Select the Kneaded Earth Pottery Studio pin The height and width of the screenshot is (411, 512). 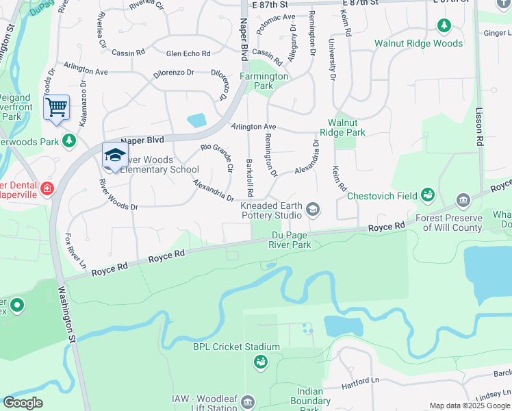click(x=313, y=208)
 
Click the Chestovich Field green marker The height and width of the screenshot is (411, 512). click(x=428, y=195)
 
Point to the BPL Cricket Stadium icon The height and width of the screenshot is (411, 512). click(x=260, y=362)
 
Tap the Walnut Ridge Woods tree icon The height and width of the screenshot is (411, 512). click(x=444, y=26)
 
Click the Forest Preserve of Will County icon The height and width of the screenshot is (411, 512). click(x=463, y=199)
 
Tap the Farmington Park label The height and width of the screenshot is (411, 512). click(x=264, y=81)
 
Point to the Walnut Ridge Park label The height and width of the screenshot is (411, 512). click(x=342, y=127)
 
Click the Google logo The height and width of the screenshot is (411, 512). click(x=23, y=403)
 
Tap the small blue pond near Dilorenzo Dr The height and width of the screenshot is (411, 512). click(x=196, y=120)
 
